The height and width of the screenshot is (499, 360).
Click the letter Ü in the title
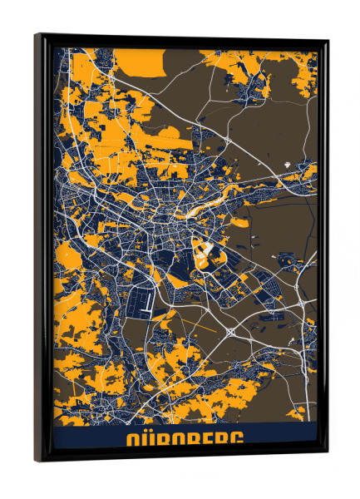coord(144,440)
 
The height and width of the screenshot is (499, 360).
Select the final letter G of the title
coord(235,440)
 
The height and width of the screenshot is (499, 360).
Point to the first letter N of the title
coord(129,440)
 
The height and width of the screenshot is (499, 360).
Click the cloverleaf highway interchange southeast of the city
coord(230,332)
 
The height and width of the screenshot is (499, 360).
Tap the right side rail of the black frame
coord(322,249)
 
